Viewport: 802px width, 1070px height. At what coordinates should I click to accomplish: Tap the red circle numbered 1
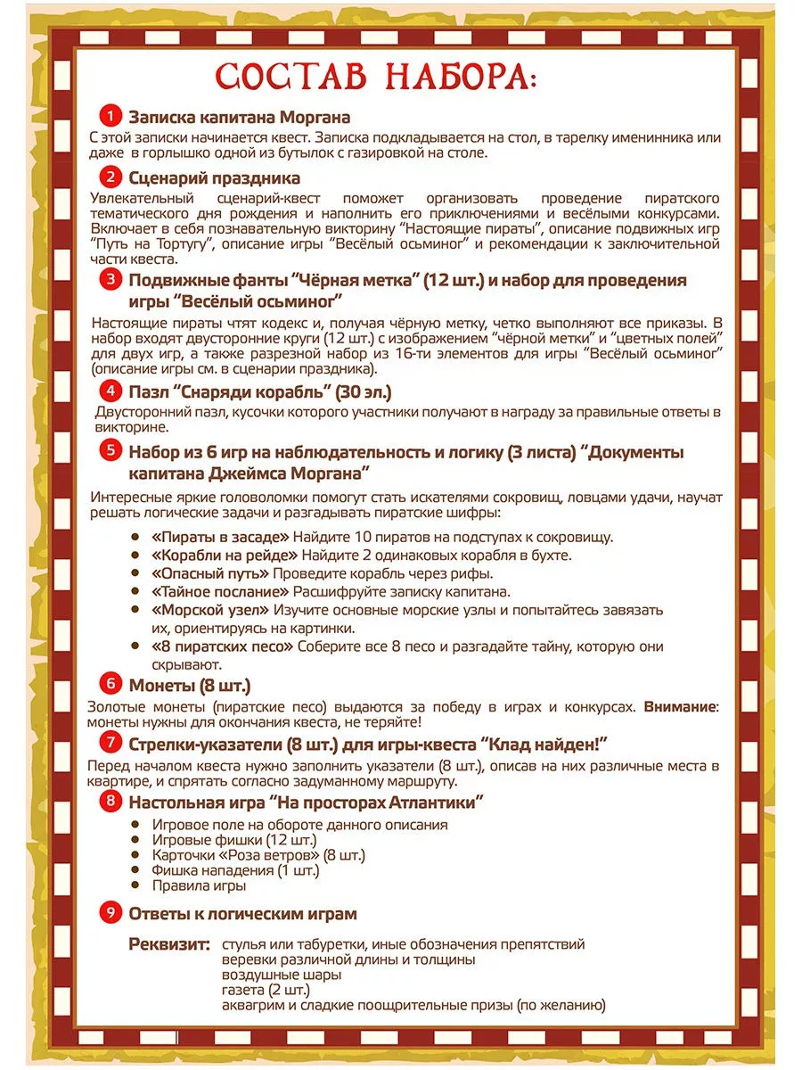pyautogui.click(x=110, y=117)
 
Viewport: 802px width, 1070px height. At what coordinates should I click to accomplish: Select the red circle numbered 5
pyautogui.click(x=110, y=450)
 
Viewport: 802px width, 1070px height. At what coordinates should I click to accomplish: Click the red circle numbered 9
pyautogui.click(x=110, y=912)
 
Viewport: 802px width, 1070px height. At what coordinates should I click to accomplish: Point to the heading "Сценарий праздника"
pyautogui.click(x=214, y=177)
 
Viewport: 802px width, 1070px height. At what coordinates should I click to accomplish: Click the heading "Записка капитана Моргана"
pyautogui.click(x=239, y=117)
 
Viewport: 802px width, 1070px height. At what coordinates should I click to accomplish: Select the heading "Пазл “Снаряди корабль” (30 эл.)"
pyautogui.click(x=259, y=391)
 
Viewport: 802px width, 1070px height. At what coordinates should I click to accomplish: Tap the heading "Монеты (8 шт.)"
pyautogui.click(x=189, y=685)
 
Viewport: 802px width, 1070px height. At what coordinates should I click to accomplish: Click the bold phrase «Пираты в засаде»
pyautogui.click(x=221, y=536)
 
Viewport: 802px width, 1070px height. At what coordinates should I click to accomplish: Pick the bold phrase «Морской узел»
pyautogui.click(x=210, y=610)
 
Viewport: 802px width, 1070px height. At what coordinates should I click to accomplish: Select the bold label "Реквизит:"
pyautogui.click(x=169, y=943)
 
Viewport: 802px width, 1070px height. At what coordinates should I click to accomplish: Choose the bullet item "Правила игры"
pyautogui.click(x=199, y=885)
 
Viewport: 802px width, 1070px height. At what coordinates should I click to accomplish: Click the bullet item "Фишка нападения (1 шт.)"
pyautogui.click(x=235, y=869)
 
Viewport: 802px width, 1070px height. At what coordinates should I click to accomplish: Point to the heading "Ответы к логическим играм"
pyautogui.click(x=242, y=913)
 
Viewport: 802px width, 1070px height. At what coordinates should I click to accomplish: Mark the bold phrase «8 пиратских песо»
pyautogui.click(x=224, y=646)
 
